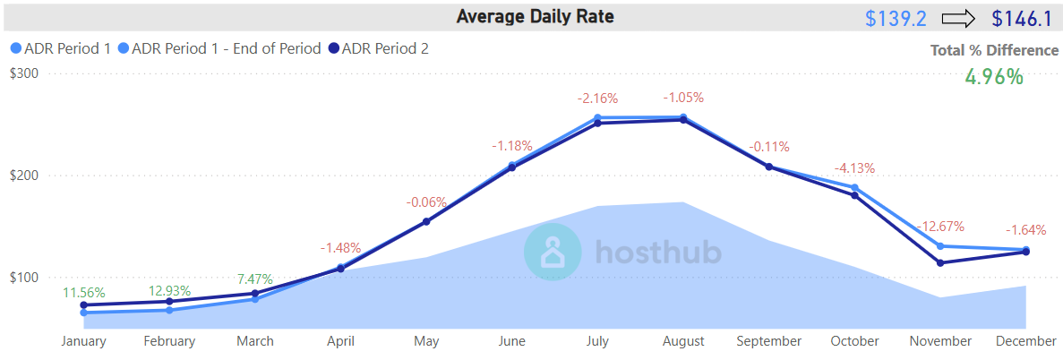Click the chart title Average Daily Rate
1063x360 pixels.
[x=535, y=16]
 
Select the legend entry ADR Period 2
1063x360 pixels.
[x=384, y=48]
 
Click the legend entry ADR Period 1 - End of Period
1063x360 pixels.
[x=225, y=48]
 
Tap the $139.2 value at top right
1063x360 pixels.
[x=896, y=18]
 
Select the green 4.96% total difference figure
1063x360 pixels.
[x=993, y=76]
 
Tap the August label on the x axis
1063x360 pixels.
[x=683, y=341]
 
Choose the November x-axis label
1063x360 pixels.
[x=940, y=341]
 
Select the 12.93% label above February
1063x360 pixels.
[x=169, y=290]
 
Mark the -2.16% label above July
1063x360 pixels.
[x=598, y=98]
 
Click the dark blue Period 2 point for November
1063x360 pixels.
[x=940, y=263]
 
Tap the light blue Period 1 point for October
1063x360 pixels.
[x=854, y=188]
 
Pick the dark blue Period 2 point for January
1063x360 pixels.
[x=84, y=305]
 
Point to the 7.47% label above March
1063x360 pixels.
[x=255, y=279]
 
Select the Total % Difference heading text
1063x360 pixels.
[x=994, y=50]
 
